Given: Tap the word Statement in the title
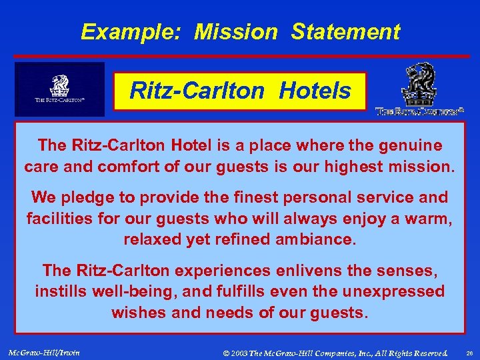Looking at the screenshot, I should click(x=345, y=31).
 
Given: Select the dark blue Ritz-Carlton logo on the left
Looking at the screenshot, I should click(x=60, y=89).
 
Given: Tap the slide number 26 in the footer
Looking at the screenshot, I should click(x=468, y=352).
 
